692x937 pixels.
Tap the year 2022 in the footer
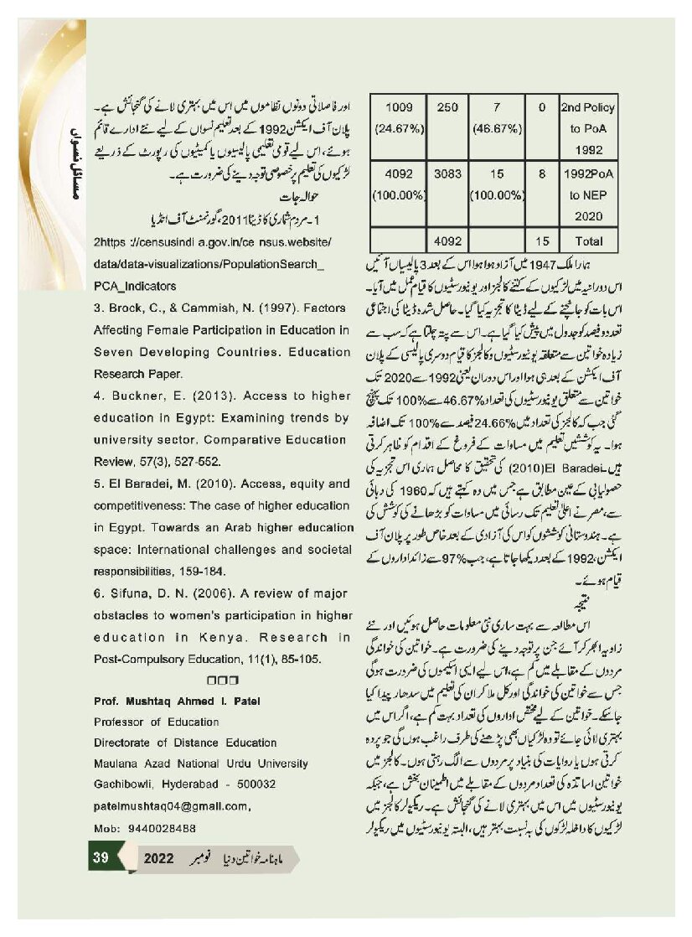coord(159,860)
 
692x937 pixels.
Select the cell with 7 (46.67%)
coord(497,117)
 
